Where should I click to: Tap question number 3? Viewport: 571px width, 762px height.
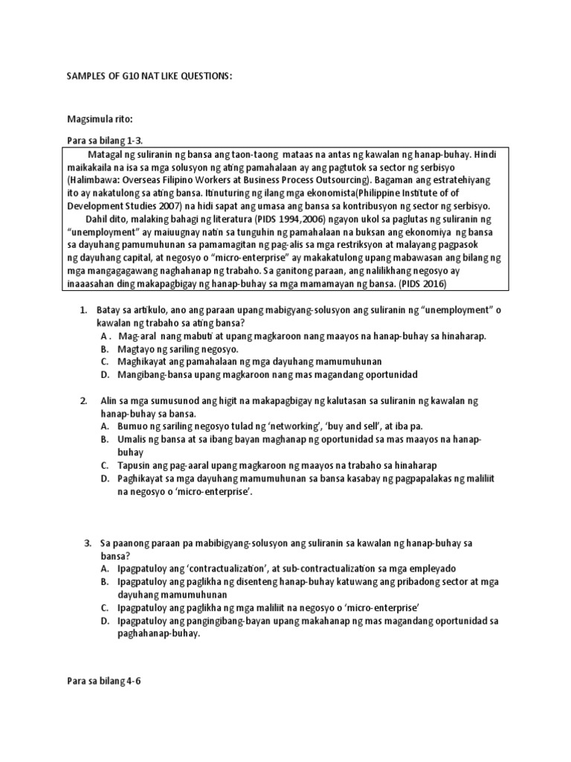[88, 543]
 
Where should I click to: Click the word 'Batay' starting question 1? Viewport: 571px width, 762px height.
[111, 310]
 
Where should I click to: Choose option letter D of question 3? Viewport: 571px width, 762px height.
[105, 620]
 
